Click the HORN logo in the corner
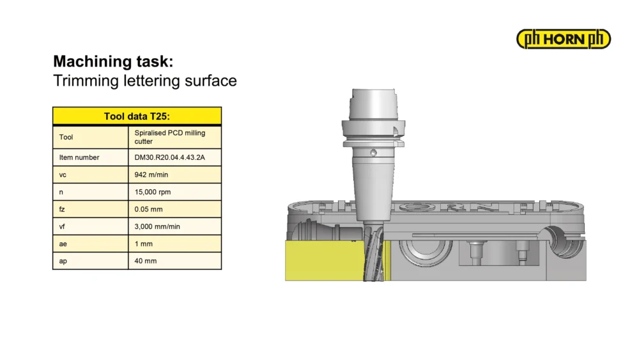[x=563, y=39]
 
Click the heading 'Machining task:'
[x=113, y=61]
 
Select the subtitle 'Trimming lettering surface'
[x=144, y=81]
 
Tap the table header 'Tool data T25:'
[x=137, y=116]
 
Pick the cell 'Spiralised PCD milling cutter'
[x=170, y=137]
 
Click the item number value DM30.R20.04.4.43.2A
[x=169, y=157]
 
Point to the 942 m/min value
[x=151, y=175]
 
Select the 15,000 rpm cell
[x=153, y=192]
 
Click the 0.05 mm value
[x=148, y=209]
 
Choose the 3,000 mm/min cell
[x=157, y=227]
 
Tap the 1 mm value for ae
[x=143, y=244]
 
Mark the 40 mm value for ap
[x=146, y=261]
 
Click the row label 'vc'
[x=63, y=175]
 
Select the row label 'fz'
[x=62, y=209]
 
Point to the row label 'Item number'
[x=79, y=157]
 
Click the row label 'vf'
[x=62, y=227]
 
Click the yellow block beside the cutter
[x=324, y=260]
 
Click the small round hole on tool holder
[x=373, y=153]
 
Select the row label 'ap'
[x=63, y=262]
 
